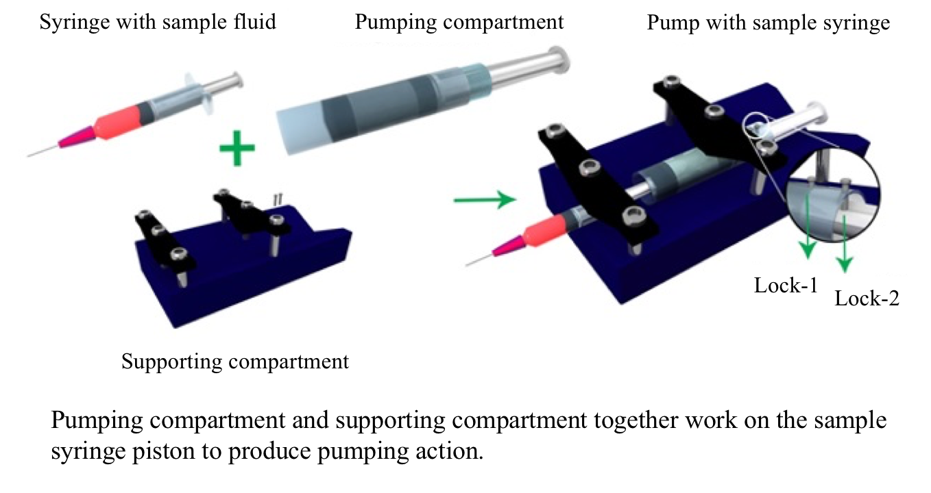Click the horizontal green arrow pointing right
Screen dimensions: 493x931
(x=484, y=200)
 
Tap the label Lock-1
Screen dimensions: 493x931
(x=786, y=285)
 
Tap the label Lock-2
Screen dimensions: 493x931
(x=867, y=299)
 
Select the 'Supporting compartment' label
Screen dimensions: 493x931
(x=235, y=361)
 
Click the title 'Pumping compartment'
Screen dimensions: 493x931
(x=459, y=22)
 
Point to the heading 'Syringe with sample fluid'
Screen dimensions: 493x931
(x=158, y=22)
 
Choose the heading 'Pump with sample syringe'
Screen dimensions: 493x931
(x=769, y=23)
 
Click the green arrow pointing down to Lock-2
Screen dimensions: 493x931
(x=845, y=240)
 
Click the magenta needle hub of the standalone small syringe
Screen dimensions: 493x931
(x=69, y=140)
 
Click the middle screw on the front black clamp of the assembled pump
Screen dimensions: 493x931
(x=588, y=168)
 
